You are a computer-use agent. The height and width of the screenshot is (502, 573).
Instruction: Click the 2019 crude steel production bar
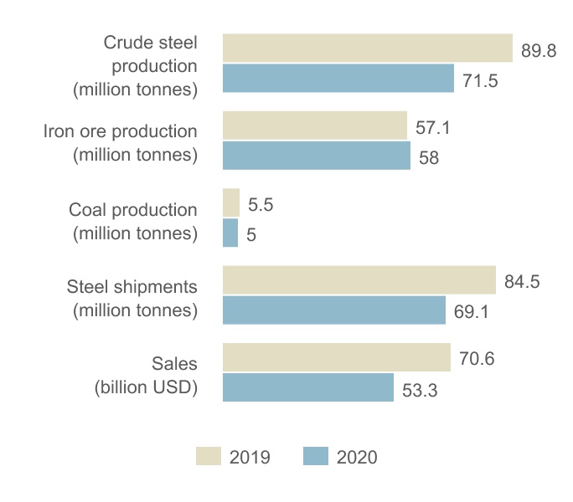click(x=367, y=48)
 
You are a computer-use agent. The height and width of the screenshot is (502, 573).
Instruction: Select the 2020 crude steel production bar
click(x=338, y=79)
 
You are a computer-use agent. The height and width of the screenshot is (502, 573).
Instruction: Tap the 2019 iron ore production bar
click(x=314, y=125)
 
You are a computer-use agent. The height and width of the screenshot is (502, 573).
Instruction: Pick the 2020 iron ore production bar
click(x=316, y=156)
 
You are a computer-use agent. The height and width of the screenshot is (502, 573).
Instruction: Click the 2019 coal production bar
click(x=231, y=202)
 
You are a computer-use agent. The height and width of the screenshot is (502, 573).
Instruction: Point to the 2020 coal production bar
click(x=230, y=233)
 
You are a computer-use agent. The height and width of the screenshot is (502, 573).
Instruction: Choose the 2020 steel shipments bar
click(x=333, y=310)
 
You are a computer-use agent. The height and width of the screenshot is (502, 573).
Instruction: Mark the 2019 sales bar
click(x=336, y=357)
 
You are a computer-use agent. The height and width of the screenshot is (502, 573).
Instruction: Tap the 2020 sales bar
click(x=307, y=387)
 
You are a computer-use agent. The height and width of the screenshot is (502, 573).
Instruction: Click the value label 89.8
click(x=539, y=51)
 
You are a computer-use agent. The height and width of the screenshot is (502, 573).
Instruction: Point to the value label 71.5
click(x=480, y=81)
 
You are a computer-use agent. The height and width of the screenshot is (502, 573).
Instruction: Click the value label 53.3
click(x=420, y=391)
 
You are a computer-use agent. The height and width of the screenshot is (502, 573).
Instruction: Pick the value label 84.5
click(x=522, y=282)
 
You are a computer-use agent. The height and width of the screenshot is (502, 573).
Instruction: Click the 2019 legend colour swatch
click(x=209, y=456)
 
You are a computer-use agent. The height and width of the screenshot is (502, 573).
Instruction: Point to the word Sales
click(x=174, y=364)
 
